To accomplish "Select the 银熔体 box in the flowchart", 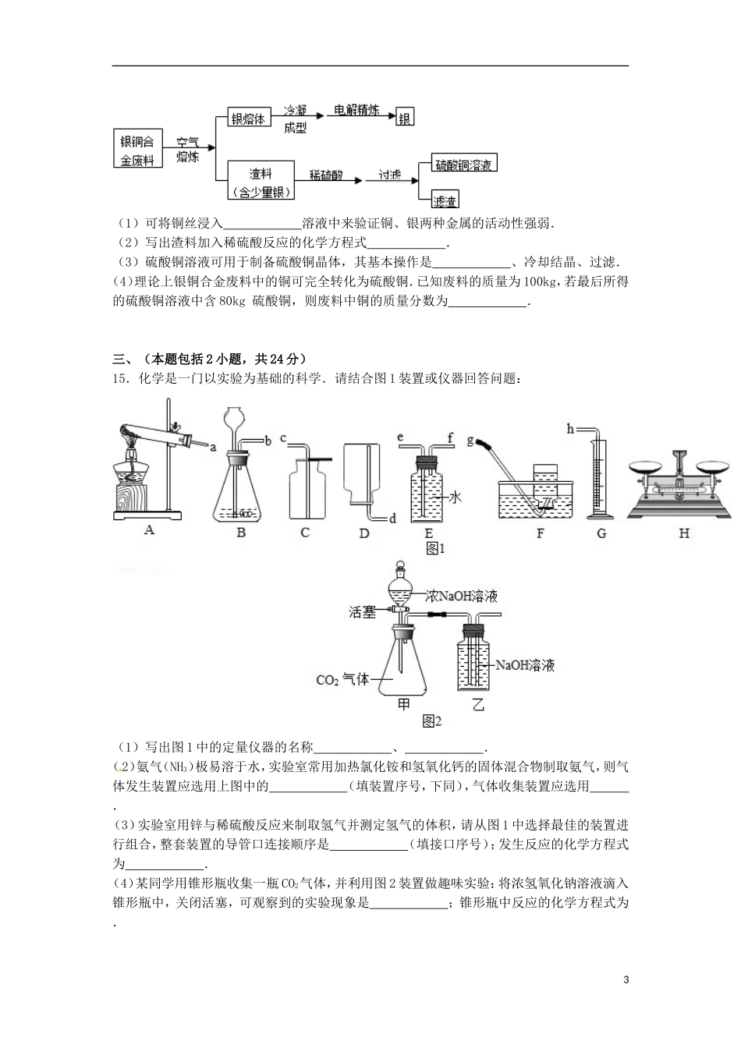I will (x=249, y=119).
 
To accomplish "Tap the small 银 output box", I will (x=405, y=119).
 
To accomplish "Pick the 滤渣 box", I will (x=444, y=200).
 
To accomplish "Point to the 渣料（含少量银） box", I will (x=261, y=181).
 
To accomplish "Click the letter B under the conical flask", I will (x=241, y=533).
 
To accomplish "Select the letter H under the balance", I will (x=684, y=533).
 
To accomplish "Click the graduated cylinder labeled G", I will (x=600, y=476).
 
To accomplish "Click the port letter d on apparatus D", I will (x=392, y=518).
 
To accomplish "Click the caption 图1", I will (x=434, y=548).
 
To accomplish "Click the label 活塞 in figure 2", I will (x=362, y=613).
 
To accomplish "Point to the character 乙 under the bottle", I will (x=477, y=704).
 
